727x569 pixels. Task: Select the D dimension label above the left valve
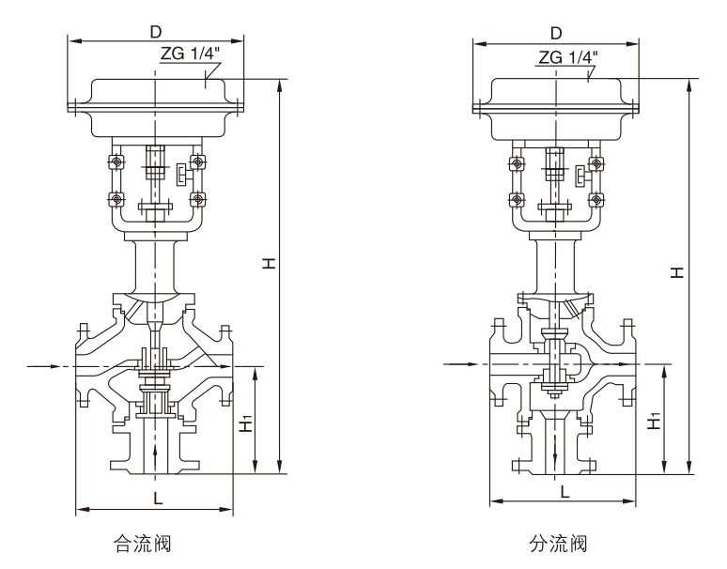pyautogui.click(x=155, y=31)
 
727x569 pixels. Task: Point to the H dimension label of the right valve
pyautogui.click(x=677, y=271)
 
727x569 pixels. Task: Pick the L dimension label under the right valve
pyautogui.click(x=564, y=491)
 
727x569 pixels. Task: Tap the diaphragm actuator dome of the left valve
pyautogui.click(x=156, y=99)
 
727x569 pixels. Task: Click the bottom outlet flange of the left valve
pyautogui.click(x=156, y=466)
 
